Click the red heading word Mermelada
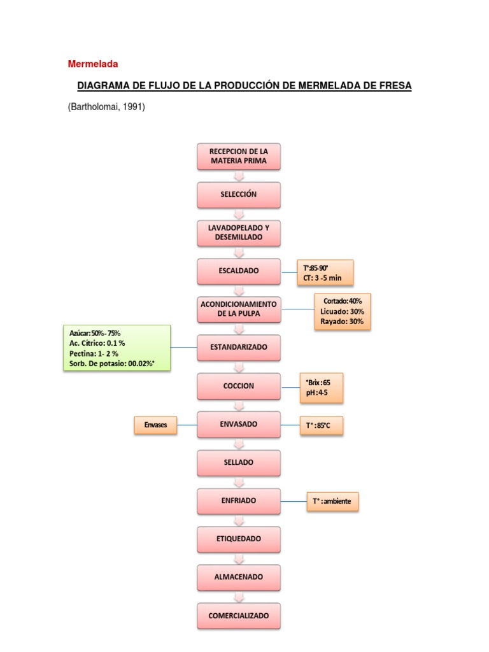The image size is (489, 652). [x=93, y=64]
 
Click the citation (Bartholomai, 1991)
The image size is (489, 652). [x=106, y=107]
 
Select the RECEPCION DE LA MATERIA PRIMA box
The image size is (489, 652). [x=239, y=156]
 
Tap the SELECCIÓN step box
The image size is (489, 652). [x=239, y=194]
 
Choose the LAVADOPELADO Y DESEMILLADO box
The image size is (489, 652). [x=239, y=232]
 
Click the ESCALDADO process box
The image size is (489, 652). [x=239, y=271]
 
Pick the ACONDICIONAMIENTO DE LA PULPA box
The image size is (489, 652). [x=239, y=309]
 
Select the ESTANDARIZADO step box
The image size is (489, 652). [x=239, y=347]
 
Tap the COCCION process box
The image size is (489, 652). [x=239, y=386]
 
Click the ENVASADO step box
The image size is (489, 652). [x=239, y=424]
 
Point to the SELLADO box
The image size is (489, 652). [x=239, y=462]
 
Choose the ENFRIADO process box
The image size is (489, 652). [x=239, y=501]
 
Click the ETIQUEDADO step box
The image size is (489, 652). [x=239, y=539]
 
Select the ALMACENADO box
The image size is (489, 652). [x=239, y=578]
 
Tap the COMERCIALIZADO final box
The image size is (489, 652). [x=239, y=616]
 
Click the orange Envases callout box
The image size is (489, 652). [x=155, y=425]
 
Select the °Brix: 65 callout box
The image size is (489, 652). [x=322, y=388]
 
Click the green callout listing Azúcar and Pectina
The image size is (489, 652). [x=117, y=348]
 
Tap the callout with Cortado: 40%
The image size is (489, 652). [x=343, y=311]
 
